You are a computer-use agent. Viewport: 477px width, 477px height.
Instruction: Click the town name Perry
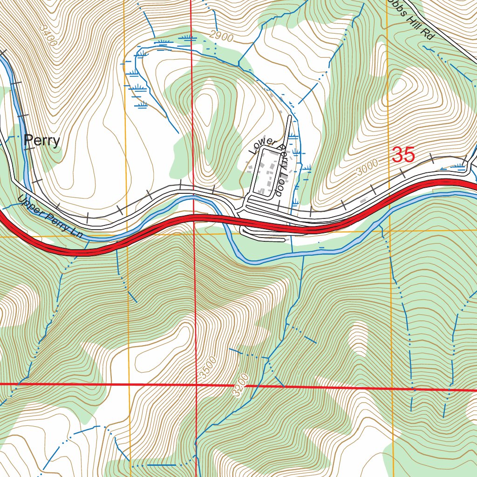(x=42, y=140)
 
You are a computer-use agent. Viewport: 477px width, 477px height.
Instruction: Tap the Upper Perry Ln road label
(x=50, y=218)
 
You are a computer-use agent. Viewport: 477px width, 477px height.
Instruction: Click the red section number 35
(x=403, y=155)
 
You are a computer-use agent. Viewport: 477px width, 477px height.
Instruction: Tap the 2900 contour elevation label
(x=221, y=36)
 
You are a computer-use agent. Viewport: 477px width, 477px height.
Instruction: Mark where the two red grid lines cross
(x=196, y=385)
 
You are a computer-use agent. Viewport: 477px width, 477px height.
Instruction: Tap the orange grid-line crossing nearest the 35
(x=388, y=231)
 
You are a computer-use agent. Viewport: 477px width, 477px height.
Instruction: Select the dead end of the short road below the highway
(x=283, y=240)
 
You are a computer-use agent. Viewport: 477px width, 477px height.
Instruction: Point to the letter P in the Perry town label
(x=28, y=140)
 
